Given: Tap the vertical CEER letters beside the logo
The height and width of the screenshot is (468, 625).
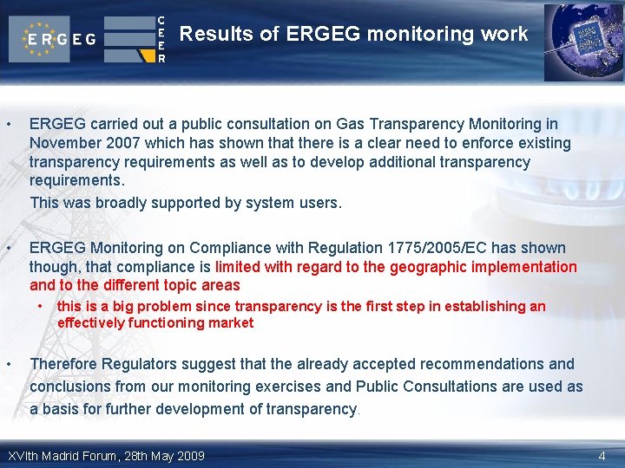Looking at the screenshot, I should point(161,39).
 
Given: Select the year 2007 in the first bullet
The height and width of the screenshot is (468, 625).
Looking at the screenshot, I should point(112,143).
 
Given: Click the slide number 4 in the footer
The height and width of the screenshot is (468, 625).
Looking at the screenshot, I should point(602,456).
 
